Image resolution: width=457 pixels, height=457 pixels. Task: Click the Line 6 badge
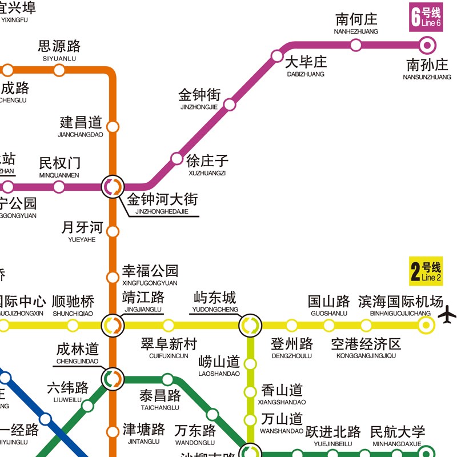(426, 17)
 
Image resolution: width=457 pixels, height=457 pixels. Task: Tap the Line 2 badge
(426, 271)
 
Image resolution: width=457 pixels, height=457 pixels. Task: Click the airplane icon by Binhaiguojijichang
(448, 314)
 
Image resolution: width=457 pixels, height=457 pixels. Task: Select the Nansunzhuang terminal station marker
(427, 45)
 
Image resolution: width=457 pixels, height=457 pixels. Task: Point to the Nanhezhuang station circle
(356, 45)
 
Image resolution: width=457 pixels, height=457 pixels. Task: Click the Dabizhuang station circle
(277, 55)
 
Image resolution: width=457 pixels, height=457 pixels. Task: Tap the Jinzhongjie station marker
(230, 105)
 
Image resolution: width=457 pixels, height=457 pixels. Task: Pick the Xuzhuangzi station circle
(176, 158)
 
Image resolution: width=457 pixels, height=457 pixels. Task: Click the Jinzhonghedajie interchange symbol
(113, 186)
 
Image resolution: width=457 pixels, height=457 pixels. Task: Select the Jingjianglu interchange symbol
(113, 326)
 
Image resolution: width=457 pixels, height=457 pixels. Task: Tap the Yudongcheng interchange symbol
(250, 326)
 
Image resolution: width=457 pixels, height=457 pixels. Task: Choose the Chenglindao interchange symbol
(113, 378)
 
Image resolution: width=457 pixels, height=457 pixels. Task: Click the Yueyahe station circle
(113, 231)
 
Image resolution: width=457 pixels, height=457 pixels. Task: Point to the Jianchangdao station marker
(113, 126)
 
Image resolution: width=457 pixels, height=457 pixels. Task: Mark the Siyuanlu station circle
(59, 70)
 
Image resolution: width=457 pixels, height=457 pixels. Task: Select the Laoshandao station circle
(250, 363)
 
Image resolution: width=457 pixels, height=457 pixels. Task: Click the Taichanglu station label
(160, 398)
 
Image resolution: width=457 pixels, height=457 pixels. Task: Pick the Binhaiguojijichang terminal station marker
(425, 326)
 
